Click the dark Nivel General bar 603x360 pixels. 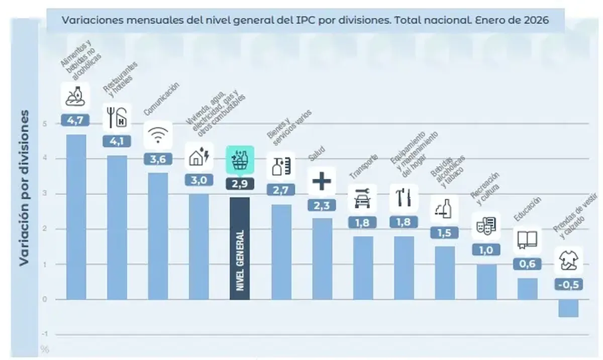(240, 248)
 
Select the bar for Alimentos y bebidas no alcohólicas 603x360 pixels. (76, 217)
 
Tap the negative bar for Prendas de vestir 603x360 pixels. (568, 308)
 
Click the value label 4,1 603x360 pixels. (117, 142)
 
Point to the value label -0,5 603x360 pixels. (568, 284)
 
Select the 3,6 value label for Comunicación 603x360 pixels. (158, 159)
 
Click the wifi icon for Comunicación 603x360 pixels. (158, 135)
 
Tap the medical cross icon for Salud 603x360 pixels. (322, 181)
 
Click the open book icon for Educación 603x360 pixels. (527, 240)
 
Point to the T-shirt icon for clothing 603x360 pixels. (568, 260)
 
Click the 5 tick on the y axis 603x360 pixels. (45, 124)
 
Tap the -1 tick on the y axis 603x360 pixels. (45, 334)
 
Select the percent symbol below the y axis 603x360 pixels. (45, 348)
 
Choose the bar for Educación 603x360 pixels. (527, 289)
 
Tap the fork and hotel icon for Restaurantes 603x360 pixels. (117, 117)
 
